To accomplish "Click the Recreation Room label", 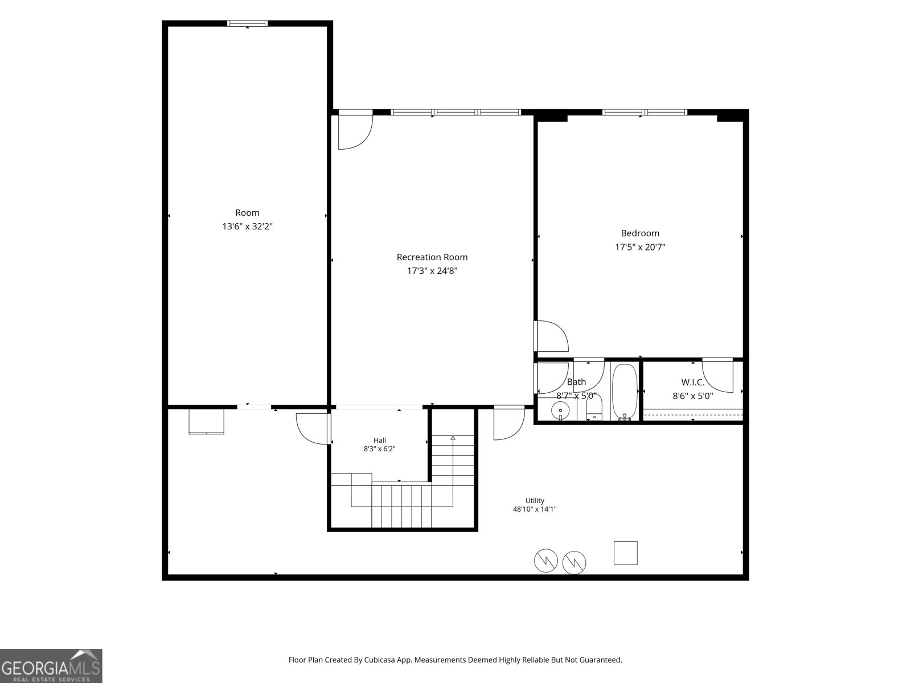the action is [x=432, y=257].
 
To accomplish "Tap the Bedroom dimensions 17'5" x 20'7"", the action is [x=640, y=247].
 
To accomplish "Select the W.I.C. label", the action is [x=693, y=382].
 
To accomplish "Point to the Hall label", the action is [x=379, y=441].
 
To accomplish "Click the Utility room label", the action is [x=535, y=500].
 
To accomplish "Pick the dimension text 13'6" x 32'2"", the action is [x=247, y=227].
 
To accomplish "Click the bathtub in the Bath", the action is [x=625, y=392].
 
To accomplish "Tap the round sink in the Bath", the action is [x=560, y=411].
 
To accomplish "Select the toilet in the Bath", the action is [x=594, y=408].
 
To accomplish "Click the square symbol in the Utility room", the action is [x=625, y=553].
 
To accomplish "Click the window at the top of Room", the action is [x=247, y=23].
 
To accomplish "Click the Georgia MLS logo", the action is [x=51, y=665].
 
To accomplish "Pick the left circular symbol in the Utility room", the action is [x=546, y=561].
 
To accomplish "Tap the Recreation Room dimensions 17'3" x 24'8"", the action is [x=432, y=271].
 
